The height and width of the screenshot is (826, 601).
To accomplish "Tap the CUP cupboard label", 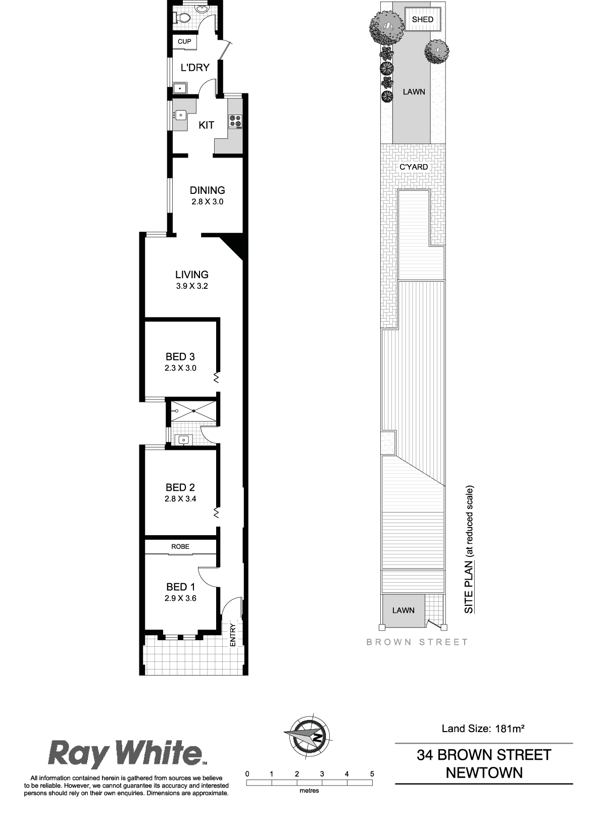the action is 184,42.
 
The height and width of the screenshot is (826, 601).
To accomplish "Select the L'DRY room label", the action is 195,68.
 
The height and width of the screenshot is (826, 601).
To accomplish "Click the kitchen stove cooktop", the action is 235,121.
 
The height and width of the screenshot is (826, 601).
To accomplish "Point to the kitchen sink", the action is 180,115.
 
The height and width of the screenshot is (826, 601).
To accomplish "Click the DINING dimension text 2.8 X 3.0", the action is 208,202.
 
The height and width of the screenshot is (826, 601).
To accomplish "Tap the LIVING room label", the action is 192,274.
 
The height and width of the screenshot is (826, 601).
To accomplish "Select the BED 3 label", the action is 180,356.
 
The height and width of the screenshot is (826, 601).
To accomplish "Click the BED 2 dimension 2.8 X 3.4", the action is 180,498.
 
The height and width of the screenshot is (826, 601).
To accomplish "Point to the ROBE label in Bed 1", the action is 180,546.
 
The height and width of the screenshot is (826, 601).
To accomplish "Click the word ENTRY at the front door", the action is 233,635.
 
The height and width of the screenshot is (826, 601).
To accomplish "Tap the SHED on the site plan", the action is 423,20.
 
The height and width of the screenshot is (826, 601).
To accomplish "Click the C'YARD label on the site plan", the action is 414,167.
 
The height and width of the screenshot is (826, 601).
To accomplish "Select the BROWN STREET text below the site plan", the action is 417,642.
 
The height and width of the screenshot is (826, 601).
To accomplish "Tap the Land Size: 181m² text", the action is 483,728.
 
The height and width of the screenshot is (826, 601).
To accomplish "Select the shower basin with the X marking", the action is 193,411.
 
